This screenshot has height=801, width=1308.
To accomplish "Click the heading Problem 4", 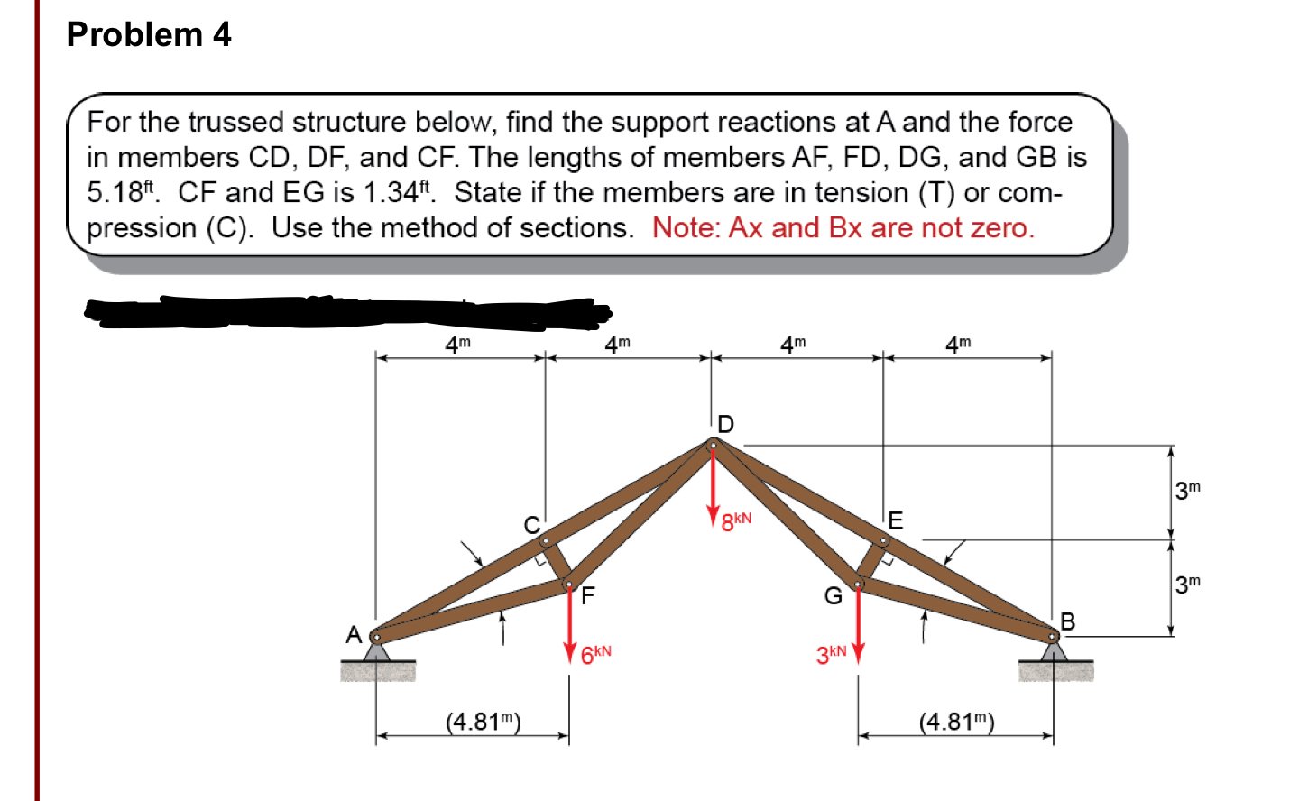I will click(149, 34).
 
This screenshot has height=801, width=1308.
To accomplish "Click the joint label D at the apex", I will click(726, 423).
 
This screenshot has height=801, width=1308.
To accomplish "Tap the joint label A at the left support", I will click(354, 635).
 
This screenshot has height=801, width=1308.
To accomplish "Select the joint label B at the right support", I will click(1068, 621).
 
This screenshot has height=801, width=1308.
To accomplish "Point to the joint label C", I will click(532, 525).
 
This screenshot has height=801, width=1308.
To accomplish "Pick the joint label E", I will click(895, 520).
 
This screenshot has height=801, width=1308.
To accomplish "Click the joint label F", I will click(588, 596).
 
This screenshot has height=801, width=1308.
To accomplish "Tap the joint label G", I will click(833, 596).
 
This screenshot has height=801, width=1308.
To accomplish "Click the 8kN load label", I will click(736, 521).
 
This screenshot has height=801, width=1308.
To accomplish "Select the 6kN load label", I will click(595, 654).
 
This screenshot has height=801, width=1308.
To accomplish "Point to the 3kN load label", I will click(832, 654).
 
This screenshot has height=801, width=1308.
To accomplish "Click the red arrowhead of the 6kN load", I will click(570, 651).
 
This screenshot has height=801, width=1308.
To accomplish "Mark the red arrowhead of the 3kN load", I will click(858, 651).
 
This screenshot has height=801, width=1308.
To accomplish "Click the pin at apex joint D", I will click(713, 444).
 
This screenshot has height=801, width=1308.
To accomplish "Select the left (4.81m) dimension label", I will click(484, 722).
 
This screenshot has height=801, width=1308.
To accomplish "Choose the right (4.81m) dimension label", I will click(956, 722).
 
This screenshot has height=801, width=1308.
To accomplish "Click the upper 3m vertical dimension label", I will click(1188, 491).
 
